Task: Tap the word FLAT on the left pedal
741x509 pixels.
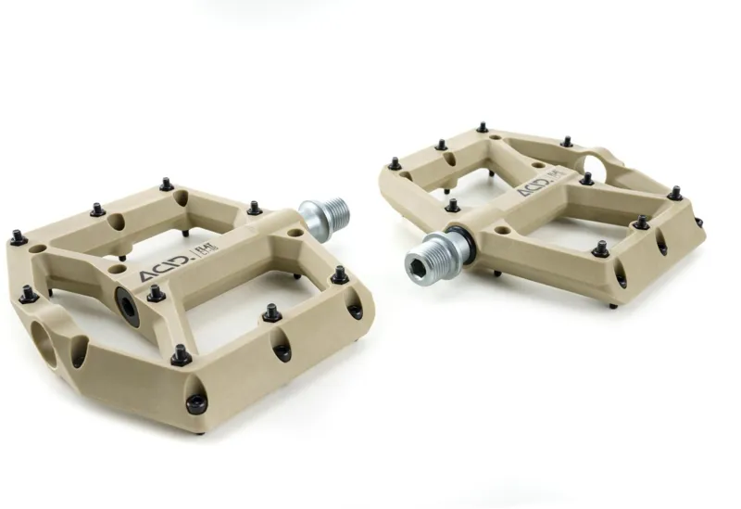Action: tap(201, 251)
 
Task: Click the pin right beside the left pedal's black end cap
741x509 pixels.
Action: tap(156, 293)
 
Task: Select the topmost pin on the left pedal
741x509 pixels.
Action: tap(166, 185)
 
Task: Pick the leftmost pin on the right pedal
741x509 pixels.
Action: tap(396, 163)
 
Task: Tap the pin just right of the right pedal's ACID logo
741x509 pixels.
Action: tap(586, 179)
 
